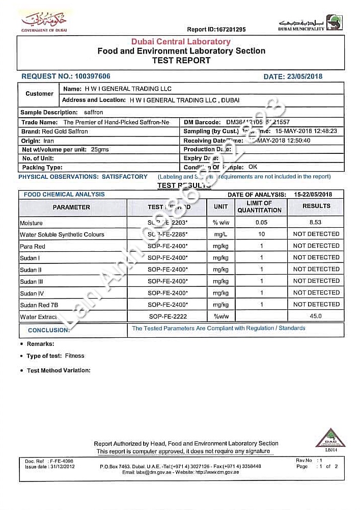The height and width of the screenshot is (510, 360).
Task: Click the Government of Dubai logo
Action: coord(44,22)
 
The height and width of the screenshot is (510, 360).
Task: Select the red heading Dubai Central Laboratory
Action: coord(181,42)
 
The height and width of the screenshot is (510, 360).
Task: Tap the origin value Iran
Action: coord(49,141)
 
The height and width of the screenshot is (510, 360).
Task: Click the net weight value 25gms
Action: coord(100,150)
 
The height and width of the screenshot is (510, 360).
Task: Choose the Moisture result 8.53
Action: coord(316,223)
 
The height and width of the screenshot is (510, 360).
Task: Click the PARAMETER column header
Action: coord(71,207)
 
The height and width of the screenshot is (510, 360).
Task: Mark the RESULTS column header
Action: coord(316,206)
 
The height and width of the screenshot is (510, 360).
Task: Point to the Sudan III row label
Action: coord(32,281)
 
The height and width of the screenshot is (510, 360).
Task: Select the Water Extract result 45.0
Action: coord(316,316)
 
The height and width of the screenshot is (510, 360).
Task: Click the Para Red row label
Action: coord(33,246)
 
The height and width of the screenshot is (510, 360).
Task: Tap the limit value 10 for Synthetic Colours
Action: coord(262,234)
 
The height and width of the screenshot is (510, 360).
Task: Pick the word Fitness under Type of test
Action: coord(74,356)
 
